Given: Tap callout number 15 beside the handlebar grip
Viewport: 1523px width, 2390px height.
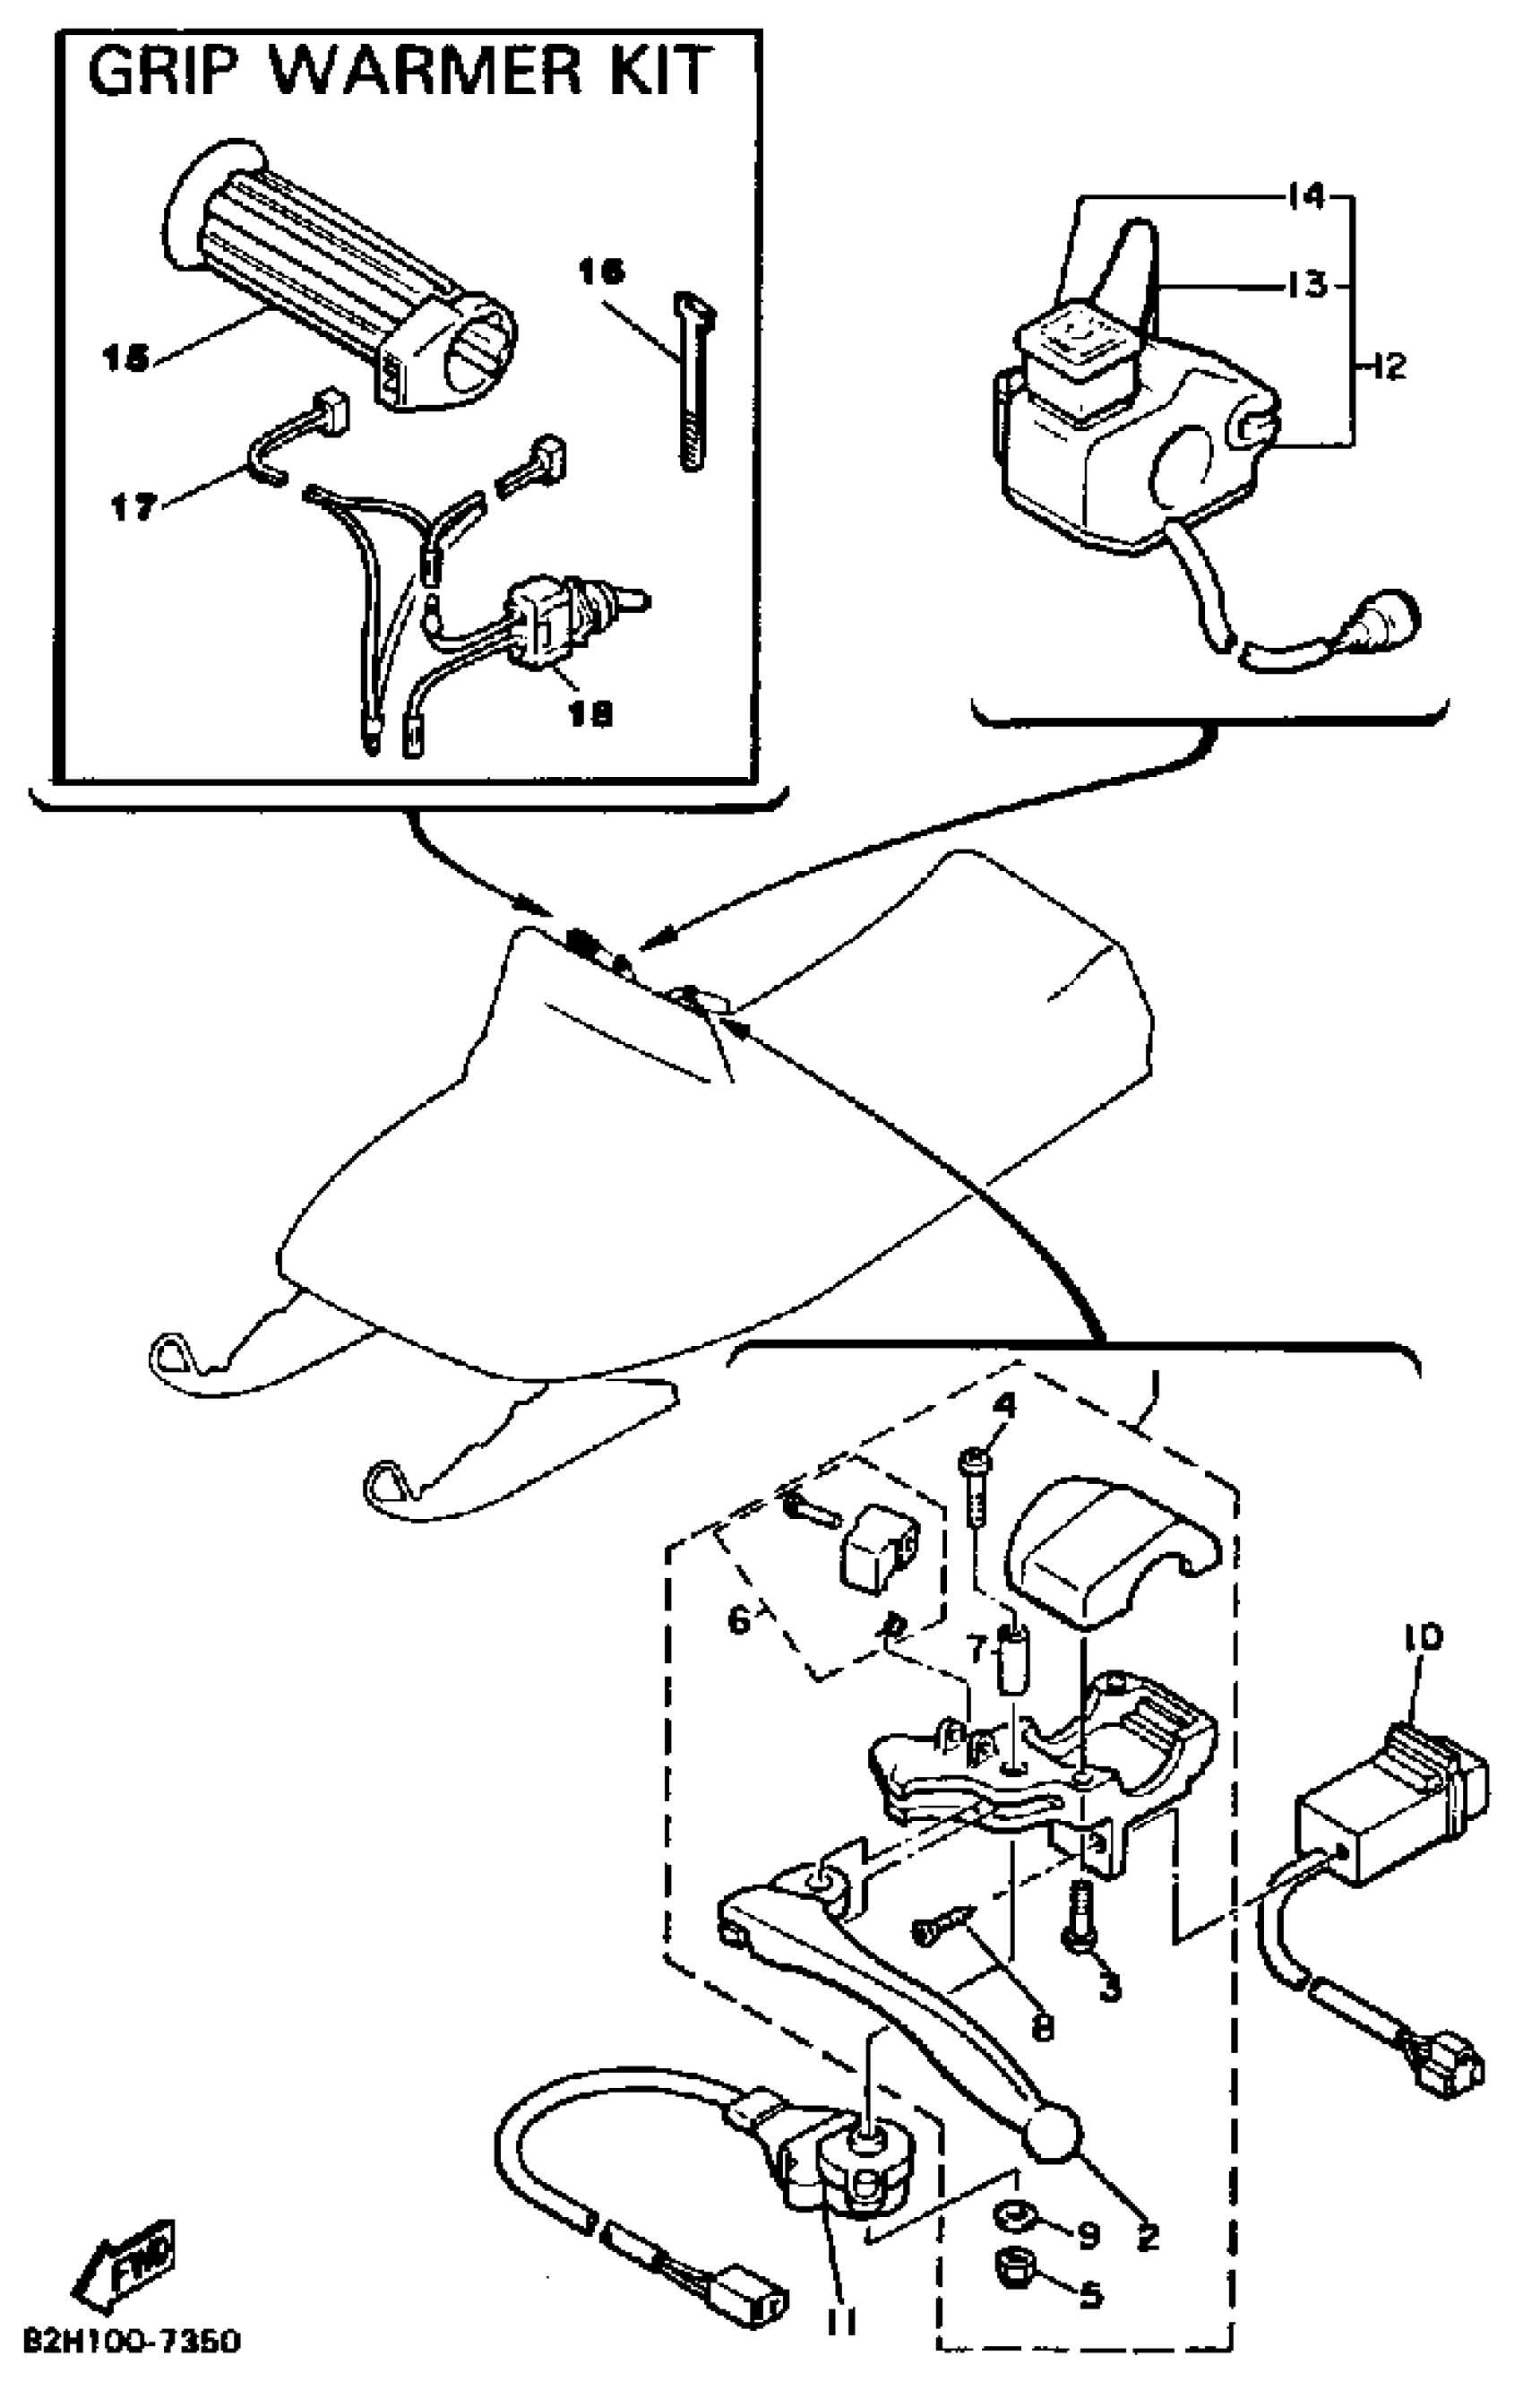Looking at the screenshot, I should tap(125, 359).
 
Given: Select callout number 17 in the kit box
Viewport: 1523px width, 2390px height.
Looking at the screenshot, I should tap(133, 508).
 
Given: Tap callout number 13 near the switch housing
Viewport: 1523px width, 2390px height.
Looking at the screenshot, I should tap(1307, 285).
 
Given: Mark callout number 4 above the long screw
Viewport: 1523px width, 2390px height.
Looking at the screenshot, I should tap(1005, 1405).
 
